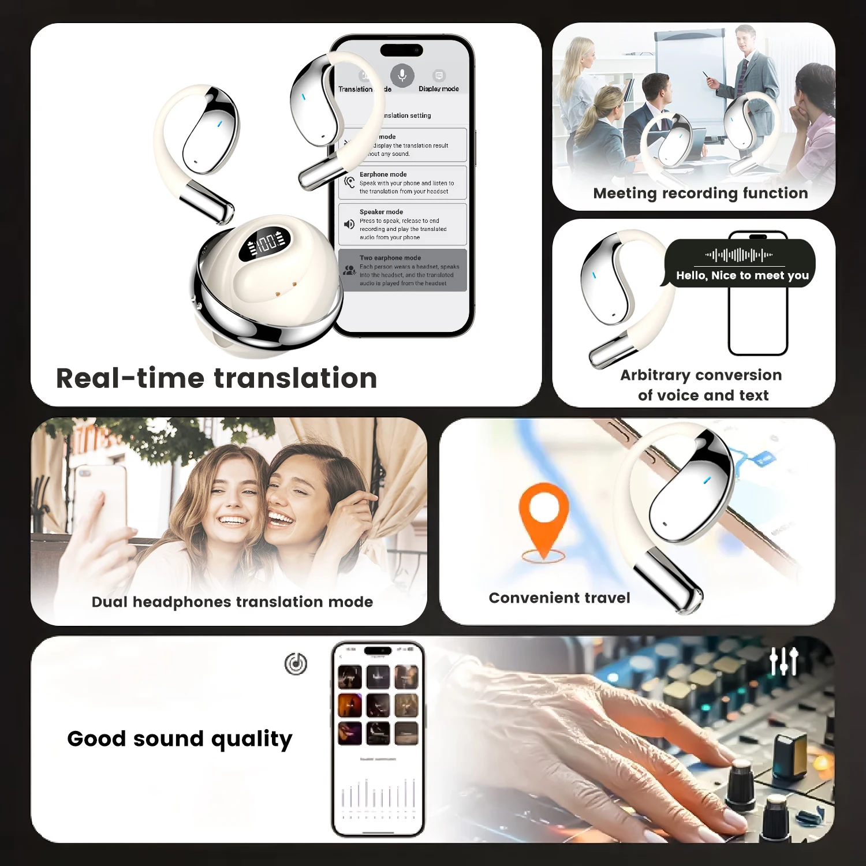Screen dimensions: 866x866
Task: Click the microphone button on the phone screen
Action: click(402, 76)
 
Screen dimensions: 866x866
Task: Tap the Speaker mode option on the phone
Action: click(402, 225)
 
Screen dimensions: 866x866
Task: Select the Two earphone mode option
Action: click(402, 270)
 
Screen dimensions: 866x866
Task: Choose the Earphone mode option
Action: click(402, 182)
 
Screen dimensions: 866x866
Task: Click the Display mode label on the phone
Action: click(439, 89)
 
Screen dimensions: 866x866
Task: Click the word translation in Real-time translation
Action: click(296, 379)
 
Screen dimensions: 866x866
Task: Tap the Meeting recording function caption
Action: click(700, 193)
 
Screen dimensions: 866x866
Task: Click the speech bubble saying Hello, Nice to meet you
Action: click(741, 264)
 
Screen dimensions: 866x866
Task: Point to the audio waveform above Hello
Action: click(739, 255)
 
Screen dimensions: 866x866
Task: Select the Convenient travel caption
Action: click(559, 598)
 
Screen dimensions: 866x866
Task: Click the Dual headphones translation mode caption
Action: click(232, 602)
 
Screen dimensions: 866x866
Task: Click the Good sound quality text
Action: click(180, 739)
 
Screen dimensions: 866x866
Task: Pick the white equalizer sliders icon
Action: click(785, 661)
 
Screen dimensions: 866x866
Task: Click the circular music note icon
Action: click(296, 664)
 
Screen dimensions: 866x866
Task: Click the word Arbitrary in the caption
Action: click(655, 375)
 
